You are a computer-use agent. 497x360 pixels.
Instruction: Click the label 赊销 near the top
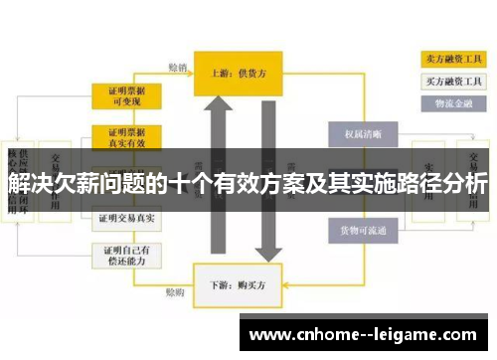click(x=177, y=68)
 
